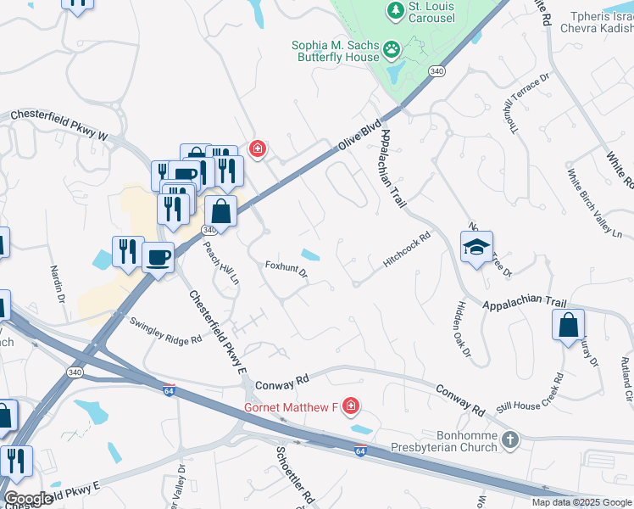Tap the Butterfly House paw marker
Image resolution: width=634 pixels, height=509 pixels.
[x=392, y=49]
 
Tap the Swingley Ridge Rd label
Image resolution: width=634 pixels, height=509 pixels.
[x=165, y=330]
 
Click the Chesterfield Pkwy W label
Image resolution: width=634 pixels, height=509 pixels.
[x=59, y=125]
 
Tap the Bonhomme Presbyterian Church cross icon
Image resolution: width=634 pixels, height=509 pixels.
[x=509, y=439]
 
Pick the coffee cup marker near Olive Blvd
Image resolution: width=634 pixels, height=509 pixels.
[x=158, y=256]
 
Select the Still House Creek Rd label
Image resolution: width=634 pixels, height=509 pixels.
[x=531, y=392]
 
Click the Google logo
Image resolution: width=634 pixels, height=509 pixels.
[x=28, y=499]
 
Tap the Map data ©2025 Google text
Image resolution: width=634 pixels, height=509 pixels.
[x=581, y=502]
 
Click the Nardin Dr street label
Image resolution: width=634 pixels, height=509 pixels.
[x=58, y=284]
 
